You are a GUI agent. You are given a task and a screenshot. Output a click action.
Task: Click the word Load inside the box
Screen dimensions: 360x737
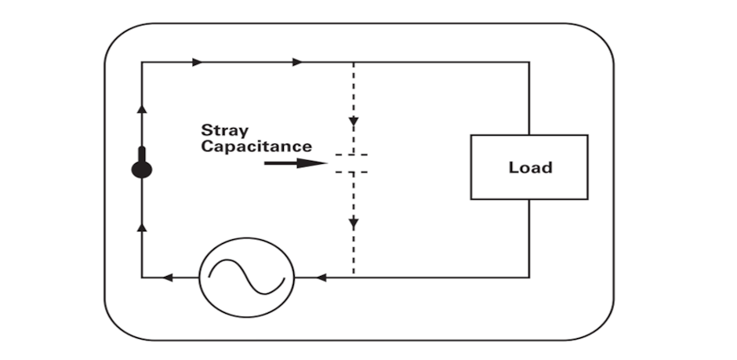point(530,167)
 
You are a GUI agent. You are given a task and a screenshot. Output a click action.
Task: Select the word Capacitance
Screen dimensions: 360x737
point(256,147)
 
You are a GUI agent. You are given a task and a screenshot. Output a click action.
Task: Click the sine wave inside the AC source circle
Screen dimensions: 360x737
point(245,277)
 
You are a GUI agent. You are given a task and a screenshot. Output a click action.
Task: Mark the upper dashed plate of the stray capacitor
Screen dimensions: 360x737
point(352,156)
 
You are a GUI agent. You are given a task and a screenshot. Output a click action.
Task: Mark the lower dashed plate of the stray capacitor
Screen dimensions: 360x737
point(352,170)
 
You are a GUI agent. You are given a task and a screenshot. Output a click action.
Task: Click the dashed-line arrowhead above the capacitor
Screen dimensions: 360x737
point(354,122)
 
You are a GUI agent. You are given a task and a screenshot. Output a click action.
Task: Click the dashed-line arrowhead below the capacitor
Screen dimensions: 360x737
point(354,224)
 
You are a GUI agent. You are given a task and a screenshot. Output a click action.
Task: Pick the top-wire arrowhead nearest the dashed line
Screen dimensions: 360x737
point(297,62)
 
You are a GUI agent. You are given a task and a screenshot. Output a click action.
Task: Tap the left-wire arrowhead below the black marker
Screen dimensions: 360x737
point(142,227)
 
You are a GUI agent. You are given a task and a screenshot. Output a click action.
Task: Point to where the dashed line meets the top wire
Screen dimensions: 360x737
point(354,62)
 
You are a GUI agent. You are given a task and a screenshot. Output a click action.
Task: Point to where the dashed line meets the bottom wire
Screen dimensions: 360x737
point(354,277)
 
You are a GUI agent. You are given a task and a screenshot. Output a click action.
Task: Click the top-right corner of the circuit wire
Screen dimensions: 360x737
point(528,62)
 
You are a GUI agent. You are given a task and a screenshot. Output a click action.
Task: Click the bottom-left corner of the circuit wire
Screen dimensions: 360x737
point(142,277)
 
